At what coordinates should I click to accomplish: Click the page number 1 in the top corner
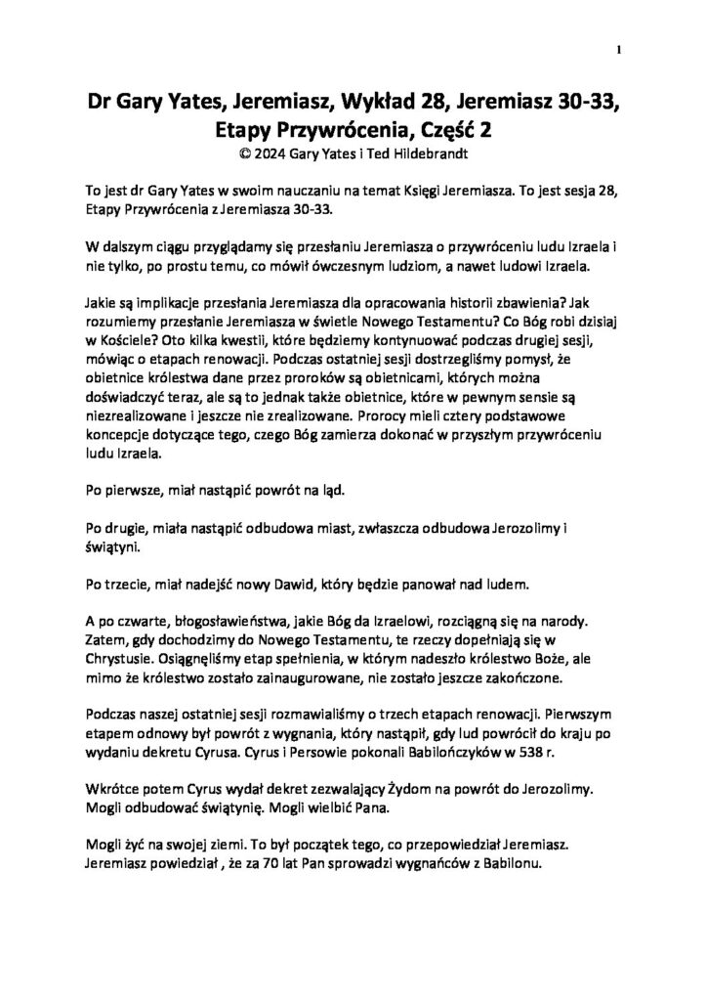coord(620,49)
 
